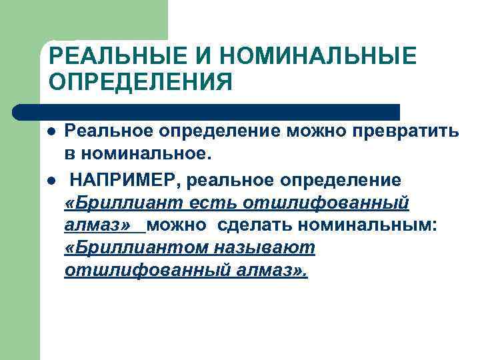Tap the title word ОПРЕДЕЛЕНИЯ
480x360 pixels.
[141, 83]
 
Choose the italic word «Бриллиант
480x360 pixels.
[117, 203]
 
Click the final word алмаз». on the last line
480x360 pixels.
[274, 271]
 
